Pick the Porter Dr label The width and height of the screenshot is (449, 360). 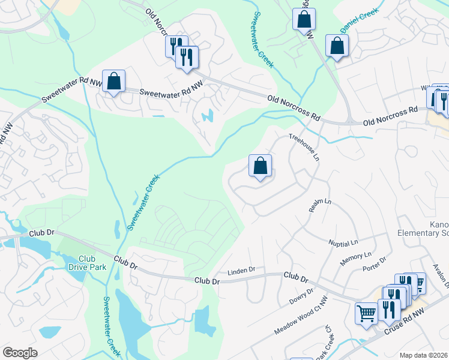click(375, 260)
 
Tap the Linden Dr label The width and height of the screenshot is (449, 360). click(243, 270)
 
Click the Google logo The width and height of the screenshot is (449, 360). click(20, 353)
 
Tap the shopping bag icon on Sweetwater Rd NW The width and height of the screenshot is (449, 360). click(113, 81)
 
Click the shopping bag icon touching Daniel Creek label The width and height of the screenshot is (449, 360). click(337, 45)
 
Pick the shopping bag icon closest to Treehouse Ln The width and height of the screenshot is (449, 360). click(260, 165)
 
